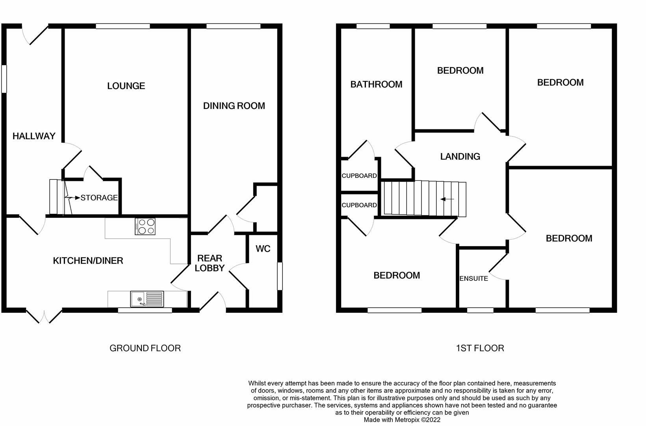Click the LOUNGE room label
(x=126, y=86)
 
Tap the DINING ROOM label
(x=234, y=106)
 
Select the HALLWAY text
(x=34, y=136)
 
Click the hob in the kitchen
(x=145, y=227)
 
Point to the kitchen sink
(x=147, y=299)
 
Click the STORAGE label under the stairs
(x=99, y=198)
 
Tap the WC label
(x=263, y=249)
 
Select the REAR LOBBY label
(x=210, y=263)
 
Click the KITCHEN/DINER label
(x=88, y=261)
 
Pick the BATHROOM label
(x=376, y=84)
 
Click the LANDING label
(x=460, y=157)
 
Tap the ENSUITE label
(x=473, y=278)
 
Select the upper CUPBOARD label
(x=359, y=176)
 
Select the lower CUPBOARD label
(x=359, y=205)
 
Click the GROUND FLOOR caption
(x=145, y=348)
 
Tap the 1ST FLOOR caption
(x=480, y=348)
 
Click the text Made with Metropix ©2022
(x=402, y=420)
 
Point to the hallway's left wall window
(x=4, y=79)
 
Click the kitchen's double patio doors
(x=45, y=316)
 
